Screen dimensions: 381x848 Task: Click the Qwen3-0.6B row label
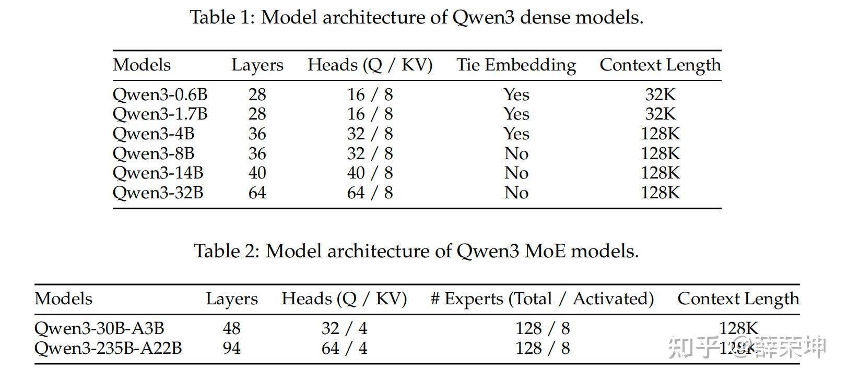pyautogui.click(x=160, y=94)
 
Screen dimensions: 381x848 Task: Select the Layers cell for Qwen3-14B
pyautogui.click(x=257, y=173)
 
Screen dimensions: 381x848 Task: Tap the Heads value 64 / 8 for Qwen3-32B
pyautogui.click(x=370, y=193)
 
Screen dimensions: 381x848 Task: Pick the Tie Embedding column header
pyautogui.click(x=516, y=65)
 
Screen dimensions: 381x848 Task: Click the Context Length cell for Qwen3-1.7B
pyautogui.click(x=660, y=114)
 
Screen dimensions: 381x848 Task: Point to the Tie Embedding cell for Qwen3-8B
pyautogui.click(x=516, y=153)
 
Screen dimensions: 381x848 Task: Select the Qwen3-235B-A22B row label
pyautogui.click(x=108, y=348)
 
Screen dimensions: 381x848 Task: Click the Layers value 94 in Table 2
pyautogui.click(x=231, y=348)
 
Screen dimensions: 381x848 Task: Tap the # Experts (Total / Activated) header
pyautogui.click(x=542, y=299)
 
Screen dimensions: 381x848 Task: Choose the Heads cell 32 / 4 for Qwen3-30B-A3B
pyautogui.click(x=344, y=328)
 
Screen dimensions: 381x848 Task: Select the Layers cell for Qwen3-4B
pyautogui.click(x=257, y=134)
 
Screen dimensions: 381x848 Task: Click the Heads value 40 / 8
pyautogui.click(x=370, y=173)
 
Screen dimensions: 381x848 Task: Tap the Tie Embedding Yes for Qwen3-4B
pyautogui.click(x=516, y=134)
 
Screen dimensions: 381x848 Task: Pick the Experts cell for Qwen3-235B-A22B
pyautogui.click(x=542, y=348)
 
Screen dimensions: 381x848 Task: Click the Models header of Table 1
pyautogui.click(x=142, y=65)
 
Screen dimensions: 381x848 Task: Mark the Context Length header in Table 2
pyautogui.click(x=738, y=299)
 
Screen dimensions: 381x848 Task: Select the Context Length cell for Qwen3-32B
pyautogui.click(x=660, y=193)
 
